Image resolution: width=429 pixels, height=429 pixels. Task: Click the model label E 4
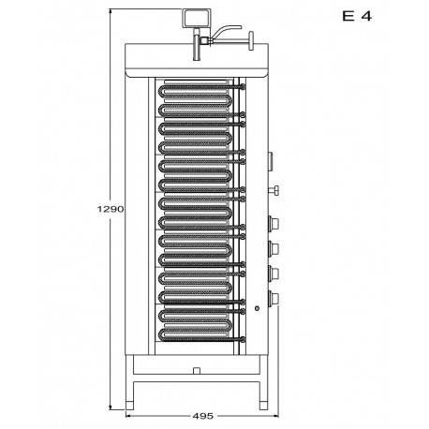click(357, 16)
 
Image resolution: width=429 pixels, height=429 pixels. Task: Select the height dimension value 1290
click(111, 209)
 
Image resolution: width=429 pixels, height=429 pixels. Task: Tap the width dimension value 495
click(203, 416)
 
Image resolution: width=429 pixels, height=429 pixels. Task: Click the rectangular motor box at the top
click(197, 18)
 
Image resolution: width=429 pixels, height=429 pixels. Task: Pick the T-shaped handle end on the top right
click(251, 40)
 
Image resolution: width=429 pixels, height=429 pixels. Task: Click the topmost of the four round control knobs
click(274, 224)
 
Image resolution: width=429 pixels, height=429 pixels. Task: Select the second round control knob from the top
click(274, 248)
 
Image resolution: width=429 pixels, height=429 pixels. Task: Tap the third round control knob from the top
click(274, 274)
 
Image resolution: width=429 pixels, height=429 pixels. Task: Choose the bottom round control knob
click(274, 298)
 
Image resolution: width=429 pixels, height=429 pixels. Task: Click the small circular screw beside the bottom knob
click(257, 308)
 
